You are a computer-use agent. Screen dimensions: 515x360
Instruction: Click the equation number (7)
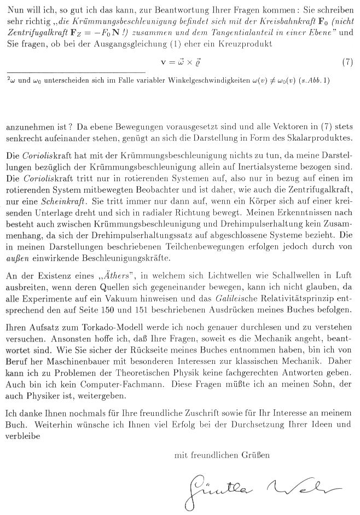pos(347,62)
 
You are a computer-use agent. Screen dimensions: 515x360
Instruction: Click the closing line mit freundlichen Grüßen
pos(222,454)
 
